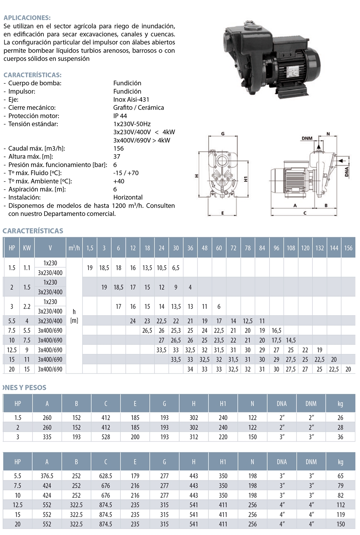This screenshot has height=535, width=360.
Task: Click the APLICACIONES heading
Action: click(x=27, y=18)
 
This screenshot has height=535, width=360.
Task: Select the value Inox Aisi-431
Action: click(x=131, y=100)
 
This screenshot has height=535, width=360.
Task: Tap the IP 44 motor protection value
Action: click(x=120, y=116)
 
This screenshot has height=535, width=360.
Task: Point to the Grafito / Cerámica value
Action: click(x=138, y=108)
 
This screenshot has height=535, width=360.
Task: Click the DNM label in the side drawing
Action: click(x=307, y=138)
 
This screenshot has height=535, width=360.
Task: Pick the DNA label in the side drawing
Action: click(x=347, y=172)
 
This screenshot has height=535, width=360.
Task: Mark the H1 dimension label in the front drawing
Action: click(x=246, y=179)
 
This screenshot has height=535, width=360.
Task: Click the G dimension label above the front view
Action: click(x=223, y=134)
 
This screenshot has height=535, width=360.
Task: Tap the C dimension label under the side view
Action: click(x=305, y=213)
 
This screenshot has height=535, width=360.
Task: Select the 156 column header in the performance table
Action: click(x=348, y=248)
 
